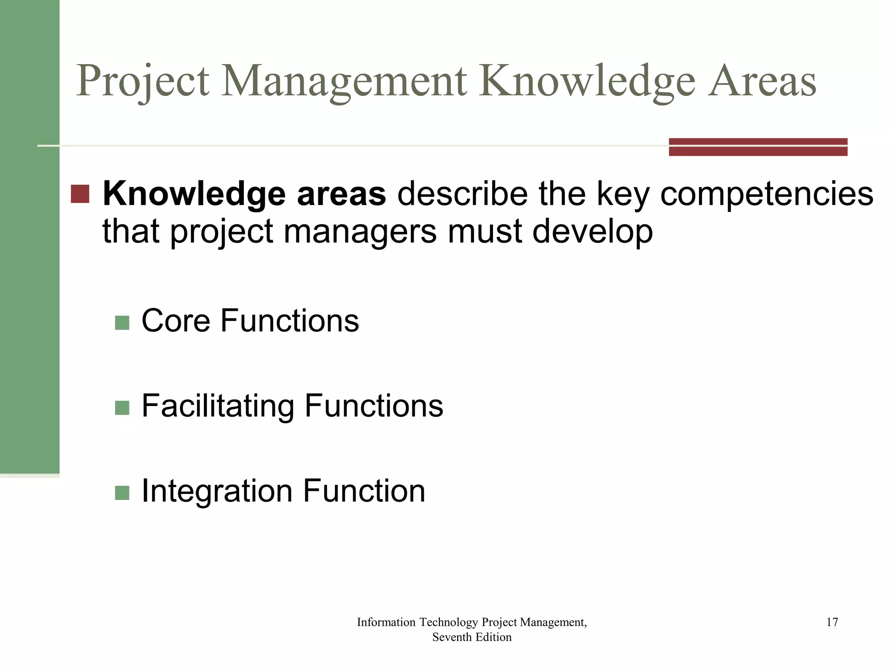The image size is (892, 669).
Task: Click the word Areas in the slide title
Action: coord(762,81)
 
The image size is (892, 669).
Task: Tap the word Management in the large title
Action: coord(344,81)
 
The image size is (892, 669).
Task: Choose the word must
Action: coord(484,232)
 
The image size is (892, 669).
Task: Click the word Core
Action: coord(176,321)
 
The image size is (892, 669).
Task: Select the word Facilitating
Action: coord(218,406)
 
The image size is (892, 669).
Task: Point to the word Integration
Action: coord(217,491)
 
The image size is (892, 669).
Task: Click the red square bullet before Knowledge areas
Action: coord(80,194)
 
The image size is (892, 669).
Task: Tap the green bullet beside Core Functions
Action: coord(122,323)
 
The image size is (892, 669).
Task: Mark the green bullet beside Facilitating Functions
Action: coord(122,408)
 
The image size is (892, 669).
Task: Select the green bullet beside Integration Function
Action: coord(122,493)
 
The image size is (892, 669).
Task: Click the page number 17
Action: coord(832,622)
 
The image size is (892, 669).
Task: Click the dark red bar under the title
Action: coord(758,147)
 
